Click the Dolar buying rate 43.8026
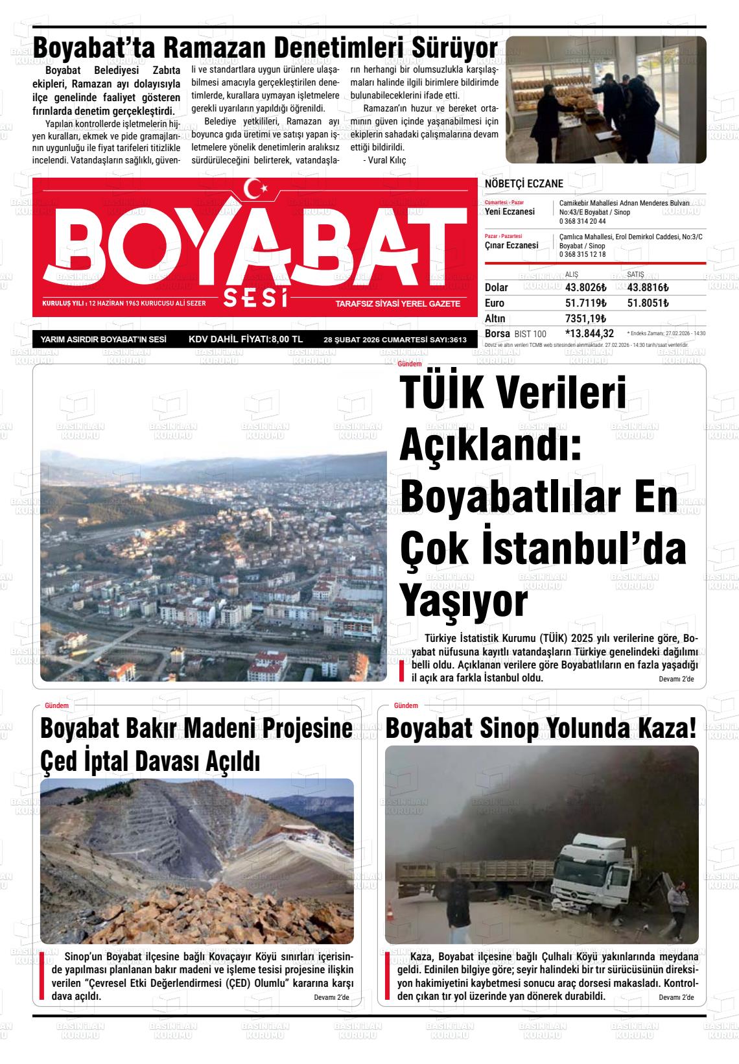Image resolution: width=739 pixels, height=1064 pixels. [x=585, y=287]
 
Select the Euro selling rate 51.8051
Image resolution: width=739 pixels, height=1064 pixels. [x=648, y=303]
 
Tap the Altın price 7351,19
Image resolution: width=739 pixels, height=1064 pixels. [x=585, y=318]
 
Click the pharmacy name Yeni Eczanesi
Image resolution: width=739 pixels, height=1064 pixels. [x=510, y=212]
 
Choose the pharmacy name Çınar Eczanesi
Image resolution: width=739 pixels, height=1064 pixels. [x=511, y=246]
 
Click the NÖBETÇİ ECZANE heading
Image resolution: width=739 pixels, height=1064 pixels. [x=524, y=184]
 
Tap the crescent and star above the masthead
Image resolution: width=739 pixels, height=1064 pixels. [x=259, y=189]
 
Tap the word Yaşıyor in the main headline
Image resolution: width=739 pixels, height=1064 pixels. [x=463, y=601]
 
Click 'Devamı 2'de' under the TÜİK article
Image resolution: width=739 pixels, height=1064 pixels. [x=675, y=679]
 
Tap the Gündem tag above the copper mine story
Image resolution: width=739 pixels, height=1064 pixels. [x=56, y=705]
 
